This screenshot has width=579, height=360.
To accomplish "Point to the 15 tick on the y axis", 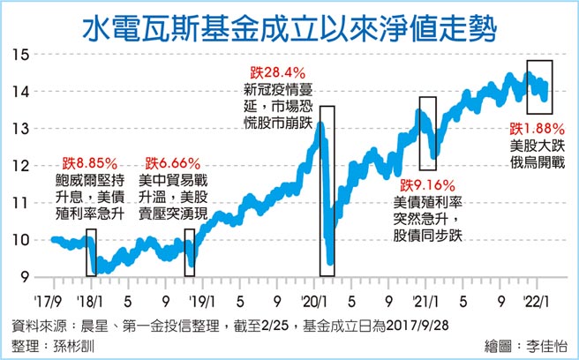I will [x=23, y=55].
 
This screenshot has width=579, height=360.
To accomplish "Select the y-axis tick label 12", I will [x=23, y=166].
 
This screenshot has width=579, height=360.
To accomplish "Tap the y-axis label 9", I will [x=26, y=277].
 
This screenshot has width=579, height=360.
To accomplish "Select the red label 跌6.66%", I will [x=173, y=162].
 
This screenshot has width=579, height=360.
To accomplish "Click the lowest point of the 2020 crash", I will [x=330, y=262].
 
